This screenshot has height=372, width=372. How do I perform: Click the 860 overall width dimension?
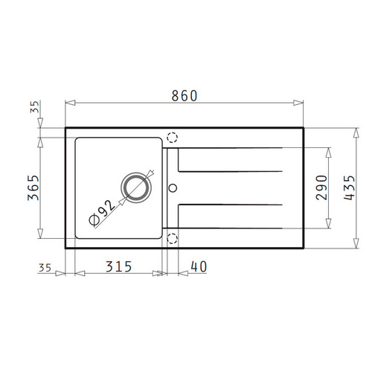tap(185, 96)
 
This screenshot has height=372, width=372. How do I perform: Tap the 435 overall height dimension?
tap(350, 187)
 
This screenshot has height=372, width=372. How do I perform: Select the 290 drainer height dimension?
tap(321, 187)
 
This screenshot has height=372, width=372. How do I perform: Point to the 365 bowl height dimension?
tap(33, 187)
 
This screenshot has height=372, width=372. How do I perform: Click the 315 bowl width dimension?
tap(119, 267)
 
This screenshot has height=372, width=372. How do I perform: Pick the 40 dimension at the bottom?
tap(199, 267)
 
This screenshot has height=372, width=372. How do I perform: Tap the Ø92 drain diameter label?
tap(102, 213)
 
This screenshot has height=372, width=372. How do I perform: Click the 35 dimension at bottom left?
tap(45, 268)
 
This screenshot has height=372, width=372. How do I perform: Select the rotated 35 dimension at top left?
tap(35, 107)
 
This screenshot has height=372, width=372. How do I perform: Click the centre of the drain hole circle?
tap(136, 187)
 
